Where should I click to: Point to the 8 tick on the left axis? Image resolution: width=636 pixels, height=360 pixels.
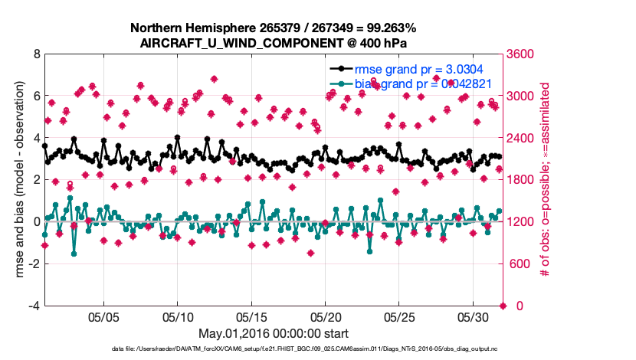pos(35,54)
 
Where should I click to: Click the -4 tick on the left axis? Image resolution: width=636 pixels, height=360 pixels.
pos(33,306)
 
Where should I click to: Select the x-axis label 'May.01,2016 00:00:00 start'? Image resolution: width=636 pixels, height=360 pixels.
pos(274,333)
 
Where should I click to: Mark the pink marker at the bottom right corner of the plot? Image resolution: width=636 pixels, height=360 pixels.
pos(503,306)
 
